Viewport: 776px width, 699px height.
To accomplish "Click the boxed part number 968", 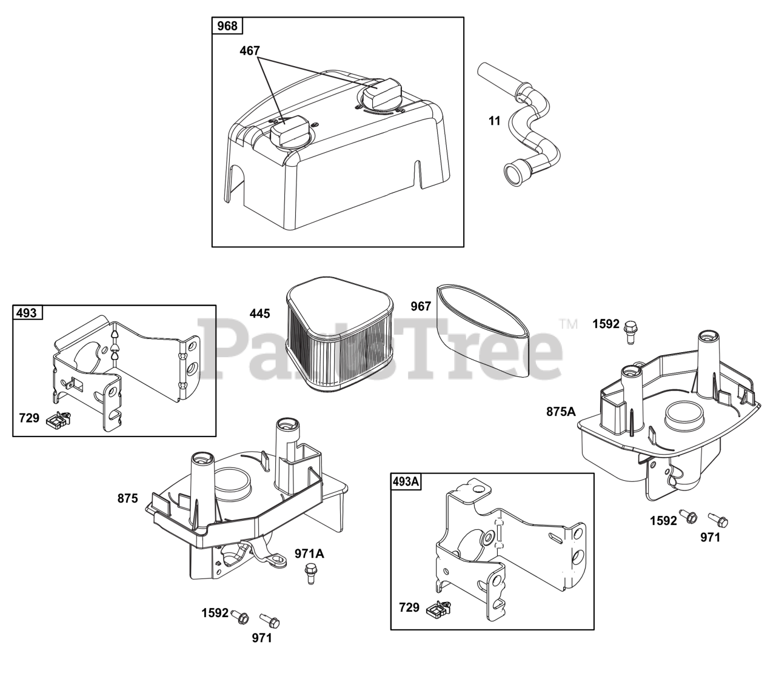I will tap(227, 26).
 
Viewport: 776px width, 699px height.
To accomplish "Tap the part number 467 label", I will tap(250, 51).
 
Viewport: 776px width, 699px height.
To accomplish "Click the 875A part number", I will tap(561, 412).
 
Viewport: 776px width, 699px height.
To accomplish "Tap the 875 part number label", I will tap(128, 498).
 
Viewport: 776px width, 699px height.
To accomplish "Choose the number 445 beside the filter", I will tap(259, 313).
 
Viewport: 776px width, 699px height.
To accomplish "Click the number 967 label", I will tap(420, 306).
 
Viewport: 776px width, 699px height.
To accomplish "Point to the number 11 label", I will tap(495, 121).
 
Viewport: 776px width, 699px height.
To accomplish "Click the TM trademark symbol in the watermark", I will tap(569, 324).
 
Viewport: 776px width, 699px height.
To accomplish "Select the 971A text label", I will tap(309, 553).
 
